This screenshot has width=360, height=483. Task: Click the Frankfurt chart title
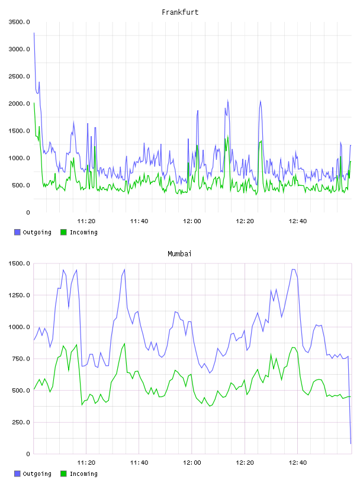[180, 12]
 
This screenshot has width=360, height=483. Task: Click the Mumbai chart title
[179, 254]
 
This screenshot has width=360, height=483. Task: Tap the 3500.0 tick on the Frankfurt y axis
[19, 22]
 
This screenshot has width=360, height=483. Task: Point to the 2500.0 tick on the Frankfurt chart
[19, 76]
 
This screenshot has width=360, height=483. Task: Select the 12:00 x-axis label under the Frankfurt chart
[192, 221]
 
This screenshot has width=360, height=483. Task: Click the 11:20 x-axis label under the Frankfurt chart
[86, 221]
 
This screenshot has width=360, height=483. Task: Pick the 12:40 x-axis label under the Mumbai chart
[297, 463]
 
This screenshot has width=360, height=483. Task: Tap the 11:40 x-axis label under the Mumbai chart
[139, 463]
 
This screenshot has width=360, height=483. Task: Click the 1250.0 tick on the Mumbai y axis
[19, 295]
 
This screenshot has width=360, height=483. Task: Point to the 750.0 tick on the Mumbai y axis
[21, 359]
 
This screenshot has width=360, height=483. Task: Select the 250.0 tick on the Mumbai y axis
[21, 422]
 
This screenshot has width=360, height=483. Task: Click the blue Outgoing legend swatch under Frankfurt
[17, 232]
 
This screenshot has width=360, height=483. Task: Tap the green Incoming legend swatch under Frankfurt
[63, 232]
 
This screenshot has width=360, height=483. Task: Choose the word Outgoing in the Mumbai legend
[37, 474]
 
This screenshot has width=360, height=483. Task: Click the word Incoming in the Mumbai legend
[83, 474]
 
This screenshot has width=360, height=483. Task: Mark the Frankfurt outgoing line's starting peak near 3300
[34, 33]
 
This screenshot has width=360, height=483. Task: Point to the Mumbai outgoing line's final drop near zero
[351, 443]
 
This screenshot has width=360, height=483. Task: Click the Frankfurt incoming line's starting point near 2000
[34, 103]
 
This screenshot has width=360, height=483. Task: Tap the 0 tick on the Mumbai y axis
[28, 454]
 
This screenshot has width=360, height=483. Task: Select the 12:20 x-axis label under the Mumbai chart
[245, 463]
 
